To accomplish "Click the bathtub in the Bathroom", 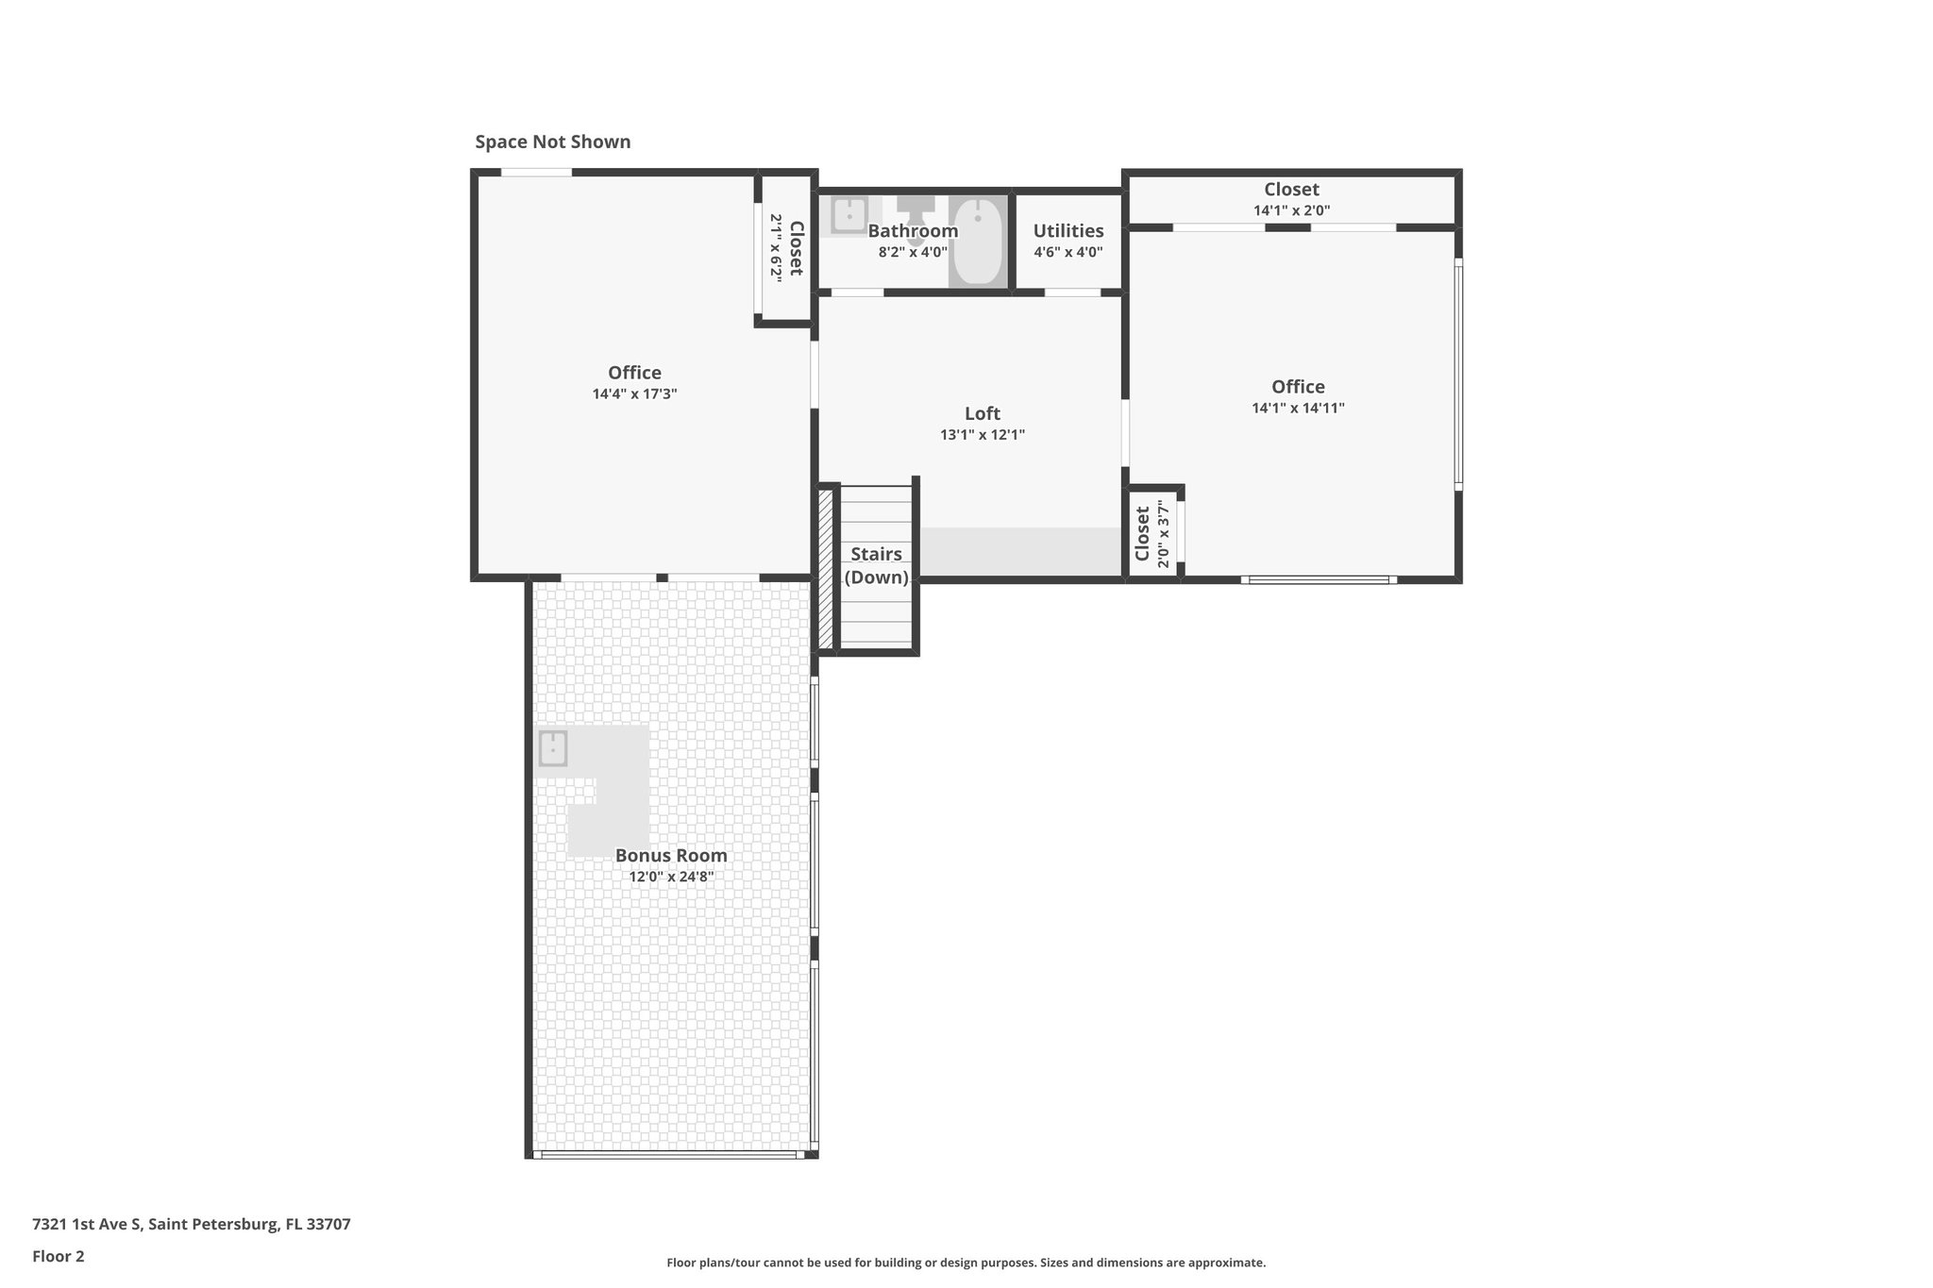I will click(x=976, y=242).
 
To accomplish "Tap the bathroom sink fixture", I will click(x=849, y=215).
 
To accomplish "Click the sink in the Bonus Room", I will click(x=552, y=749).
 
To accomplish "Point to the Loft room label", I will click(x=982, y=413).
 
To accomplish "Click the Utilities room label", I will click(x=1067, y=231).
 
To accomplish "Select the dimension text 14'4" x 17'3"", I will click(x=634, y=394).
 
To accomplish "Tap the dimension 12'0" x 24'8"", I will click(x=671, y=877).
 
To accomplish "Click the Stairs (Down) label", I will click(x=876, y=566).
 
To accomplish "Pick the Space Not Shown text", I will click(x=552, y=142).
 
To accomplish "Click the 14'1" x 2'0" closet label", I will click(x=1291, y=199).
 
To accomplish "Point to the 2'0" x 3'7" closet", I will click(x=1152, y=534).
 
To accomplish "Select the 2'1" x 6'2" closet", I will click(x=785, y=247).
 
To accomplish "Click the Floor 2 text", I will click(x=59, y=1256).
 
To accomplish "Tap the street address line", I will click(x=192, y=1225).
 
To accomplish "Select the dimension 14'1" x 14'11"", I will click(x=1298, y=409).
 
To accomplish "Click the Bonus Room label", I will click(x=671, y=856).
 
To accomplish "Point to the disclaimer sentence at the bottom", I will click(x=966, y=1263).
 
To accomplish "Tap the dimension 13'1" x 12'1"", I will click(x=982, y=435).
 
